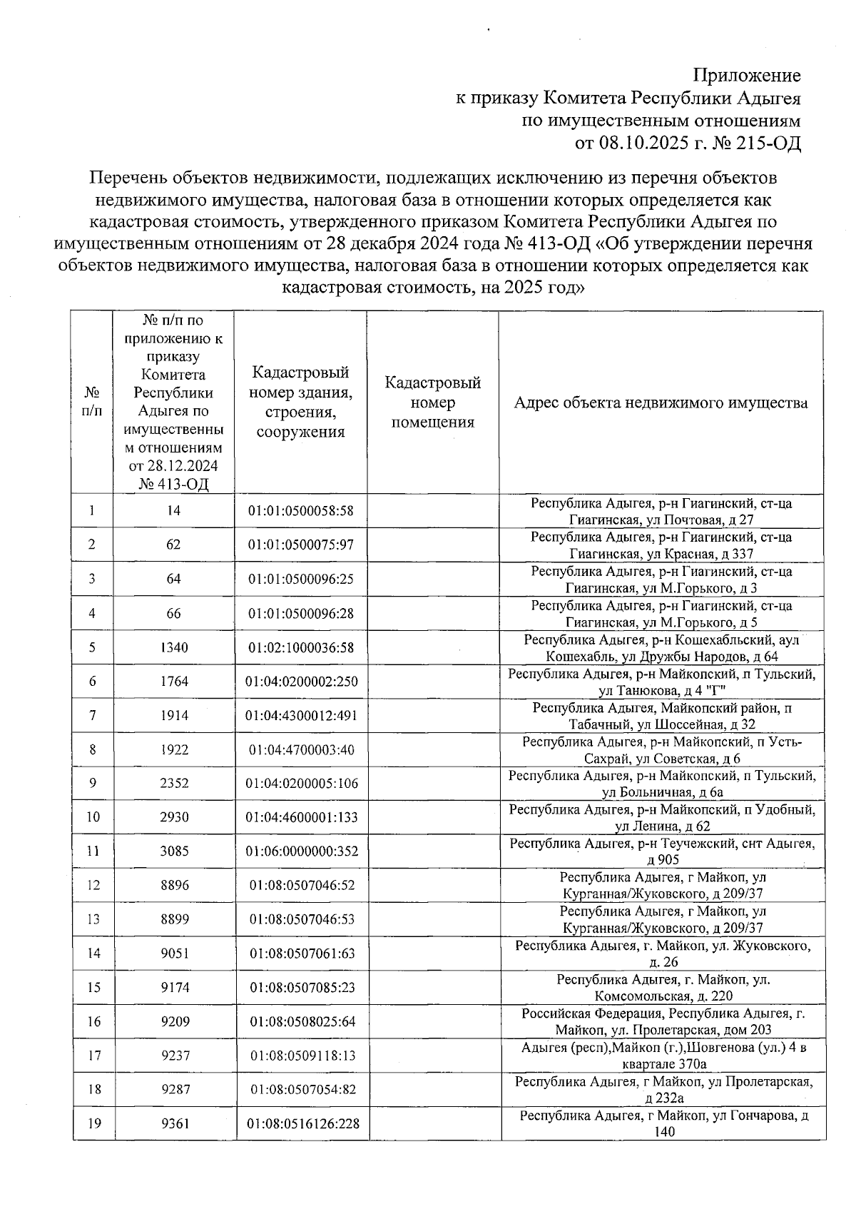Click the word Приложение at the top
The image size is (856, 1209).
pyautogui.click(x=747, y=76)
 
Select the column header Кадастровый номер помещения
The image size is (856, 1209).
pyautogui.click(x=432, y=403)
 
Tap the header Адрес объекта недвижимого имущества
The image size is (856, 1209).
pyautogui.click(x=661, y=403)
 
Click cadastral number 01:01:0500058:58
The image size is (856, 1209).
pyautogui.click(x=300, y=511)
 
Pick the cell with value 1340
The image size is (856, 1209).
pyautogui.click(x=174, y=647)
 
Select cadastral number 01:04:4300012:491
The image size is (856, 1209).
pyautogui.click(x=301, y=716)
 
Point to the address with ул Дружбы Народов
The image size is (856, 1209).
pyautogui.click(x=661, y=648)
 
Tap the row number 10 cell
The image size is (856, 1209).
pyautogui.click(x=93, y=817)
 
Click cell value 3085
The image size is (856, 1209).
pyautogui.click(x=174, y=851)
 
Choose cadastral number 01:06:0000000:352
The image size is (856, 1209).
pyautogui.click(x=301, y=851)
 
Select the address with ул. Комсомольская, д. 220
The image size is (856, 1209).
pyautogui.click(x=663, y=988)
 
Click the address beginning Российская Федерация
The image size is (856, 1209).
pyautogui.click(x=663, y=1021)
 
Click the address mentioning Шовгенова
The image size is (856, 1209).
pyautogui.click(x=663, y=1056)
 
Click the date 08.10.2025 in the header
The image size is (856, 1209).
pyautogui.click(x=642, y=143)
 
